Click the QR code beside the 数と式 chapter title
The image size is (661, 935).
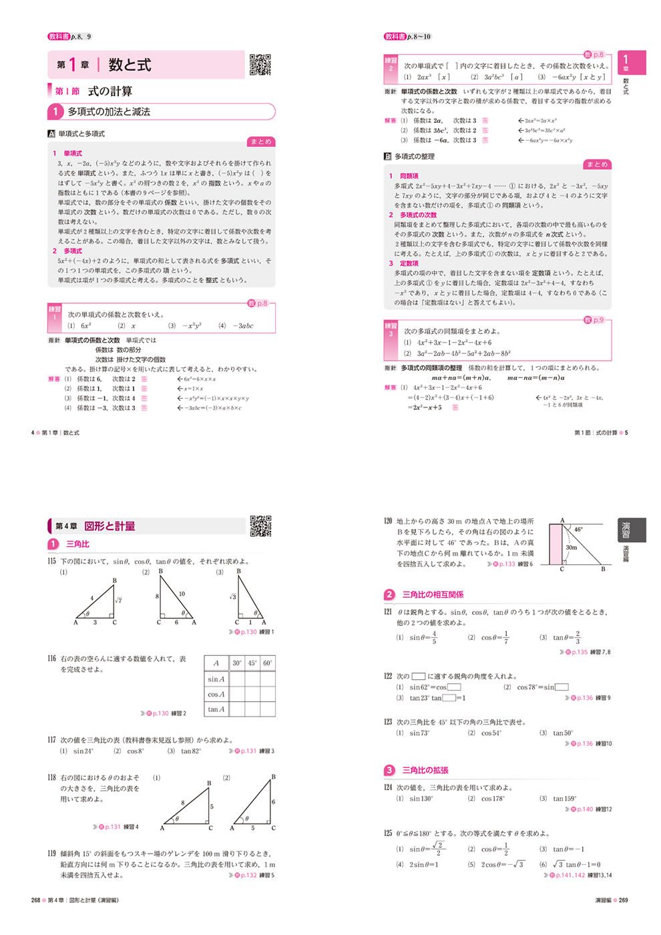tap(260, 65)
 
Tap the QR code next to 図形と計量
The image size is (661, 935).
tap(260, 526)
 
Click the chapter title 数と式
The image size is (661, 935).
tap(130, 65)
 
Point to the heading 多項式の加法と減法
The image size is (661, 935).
tap(109, 112)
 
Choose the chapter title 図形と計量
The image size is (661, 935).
tap(109, 526)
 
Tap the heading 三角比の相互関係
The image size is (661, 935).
tap(433, 594)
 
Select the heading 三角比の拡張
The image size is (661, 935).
tap(425, 770)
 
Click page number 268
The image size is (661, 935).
tap(35, 900)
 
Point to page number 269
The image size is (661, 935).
tap(623, 900)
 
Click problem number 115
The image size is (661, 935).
tap(52, 561)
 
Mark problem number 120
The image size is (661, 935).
tap(388, 521)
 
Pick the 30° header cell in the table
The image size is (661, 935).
tap(237, 663)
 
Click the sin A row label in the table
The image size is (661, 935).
tap(216, 679)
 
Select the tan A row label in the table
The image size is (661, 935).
tap(216, 709)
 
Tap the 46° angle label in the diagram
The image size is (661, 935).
tap(578, 530)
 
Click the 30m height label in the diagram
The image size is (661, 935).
tap(572, 547)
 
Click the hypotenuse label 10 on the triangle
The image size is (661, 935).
tap(182, 593)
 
